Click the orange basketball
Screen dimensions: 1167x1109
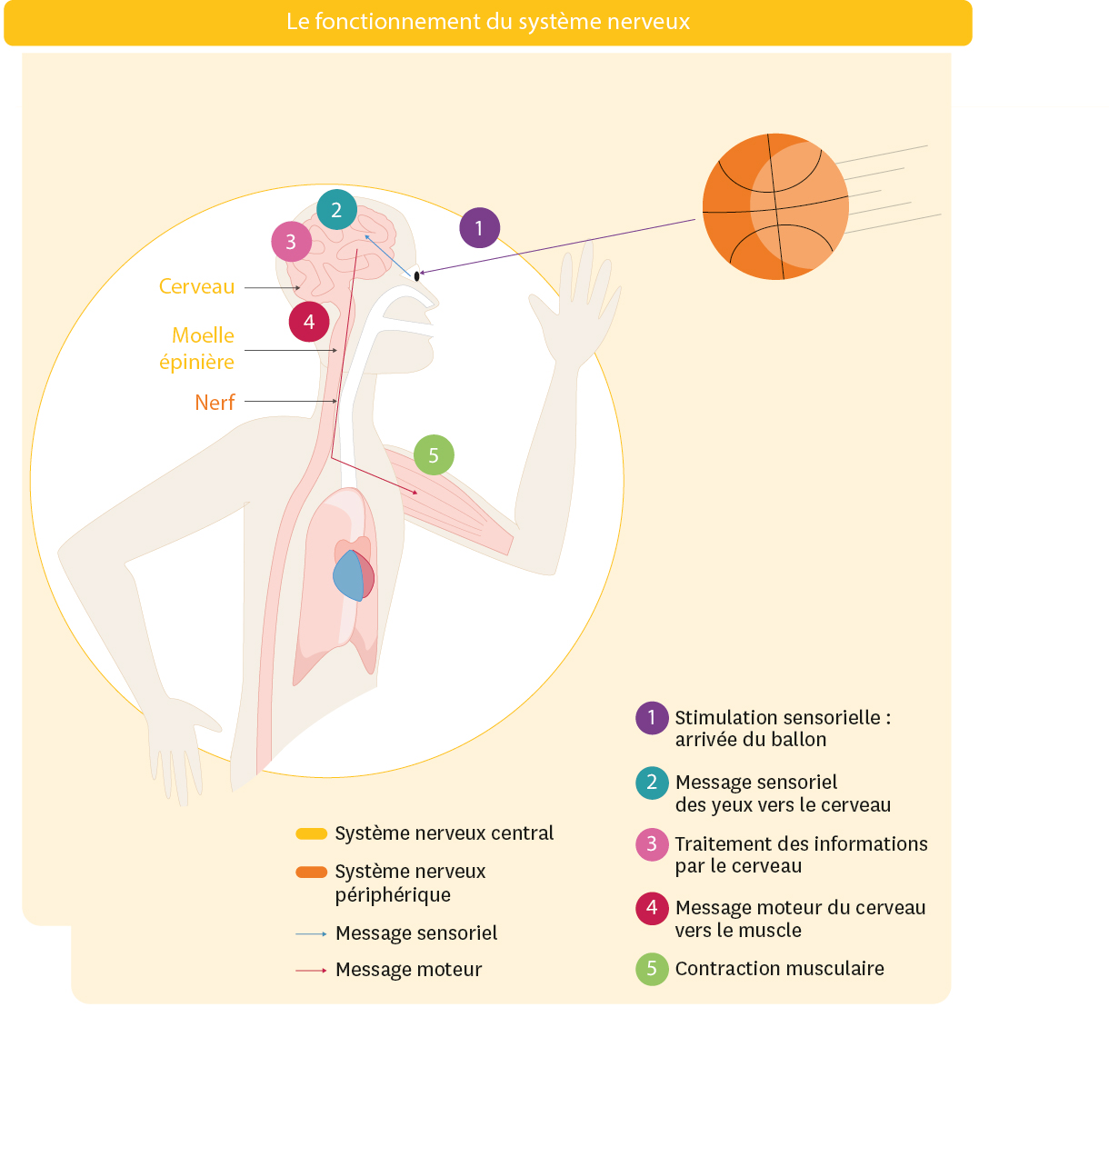tap(775, 207)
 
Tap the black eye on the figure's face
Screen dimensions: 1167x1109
tap(416, 275)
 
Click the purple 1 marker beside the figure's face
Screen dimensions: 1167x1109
tap(479, 228)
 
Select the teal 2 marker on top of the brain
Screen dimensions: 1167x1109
tap(336, 210)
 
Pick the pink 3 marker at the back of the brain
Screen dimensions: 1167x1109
tap(291, 242)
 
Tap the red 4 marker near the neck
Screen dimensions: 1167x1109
tap(309, 322)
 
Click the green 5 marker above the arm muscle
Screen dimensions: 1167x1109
tap(434, 455)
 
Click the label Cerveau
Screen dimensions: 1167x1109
tap(196, 287)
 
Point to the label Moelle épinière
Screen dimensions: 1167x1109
tap(198, 349)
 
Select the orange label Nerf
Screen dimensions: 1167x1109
tap(215, 403)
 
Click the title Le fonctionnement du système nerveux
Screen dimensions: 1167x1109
tap(488, 22)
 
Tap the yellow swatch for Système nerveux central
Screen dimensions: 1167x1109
tap(311, 833)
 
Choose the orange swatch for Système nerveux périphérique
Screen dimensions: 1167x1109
tap(311, 873)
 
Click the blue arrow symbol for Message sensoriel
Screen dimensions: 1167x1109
tap(311, 933)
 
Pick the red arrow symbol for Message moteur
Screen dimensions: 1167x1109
tap(311, 971)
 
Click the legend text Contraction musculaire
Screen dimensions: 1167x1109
tap(779, 969)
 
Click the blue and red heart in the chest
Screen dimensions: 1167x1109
tap(354, 575)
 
